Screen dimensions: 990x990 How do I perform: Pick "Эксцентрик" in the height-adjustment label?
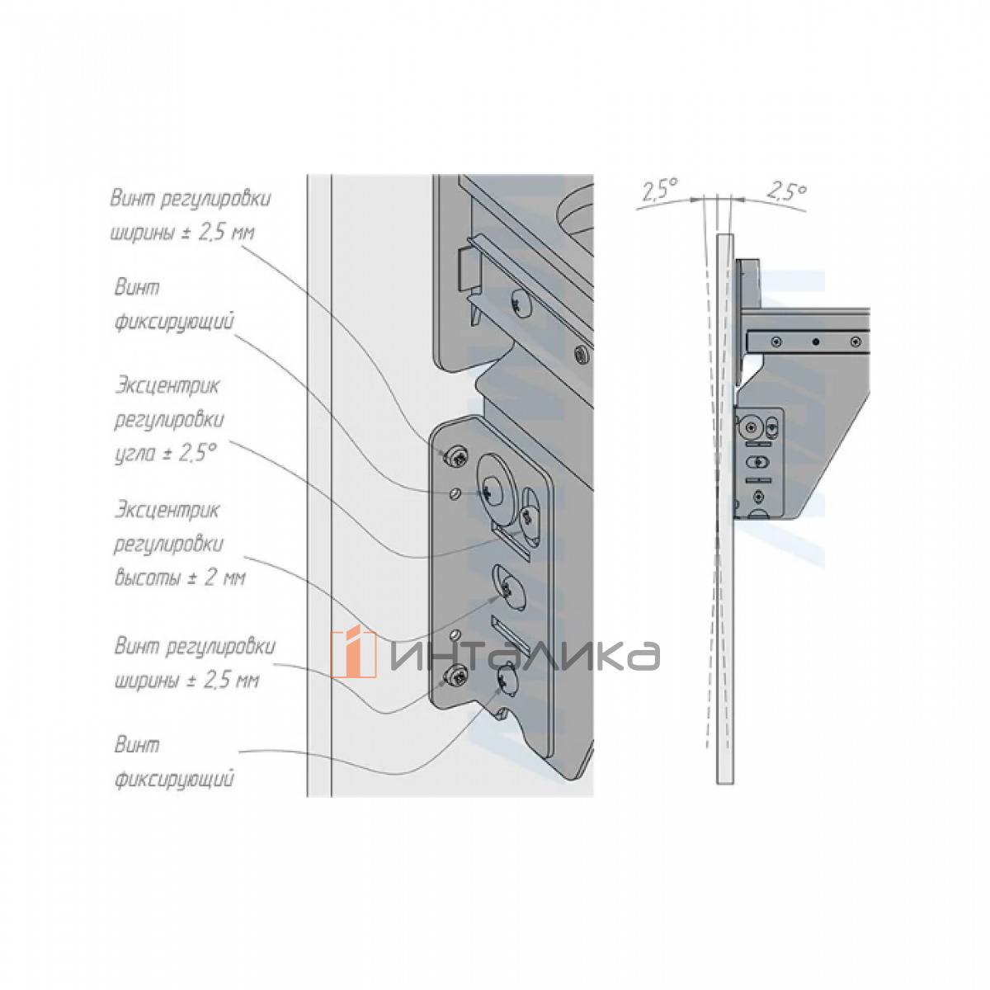[x=168, y=511]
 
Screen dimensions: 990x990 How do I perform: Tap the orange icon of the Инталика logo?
[x=354, y=654]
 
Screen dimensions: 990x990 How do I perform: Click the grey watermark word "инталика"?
[x=525, y=656]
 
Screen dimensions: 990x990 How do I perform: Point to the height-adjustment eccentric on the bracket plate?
[x=508, y=592]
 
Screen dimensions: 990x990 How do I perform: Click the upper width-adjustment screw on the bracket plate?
[x=455, y=456]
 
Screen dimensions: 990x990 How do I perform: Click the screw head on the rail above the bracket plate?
[x=521, y=306]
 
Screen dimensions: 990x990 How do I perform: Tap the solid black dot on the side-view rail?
[x=815, y=341]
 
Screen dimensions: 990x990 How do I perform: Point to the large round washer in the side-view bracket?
[x=752, y=427]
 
